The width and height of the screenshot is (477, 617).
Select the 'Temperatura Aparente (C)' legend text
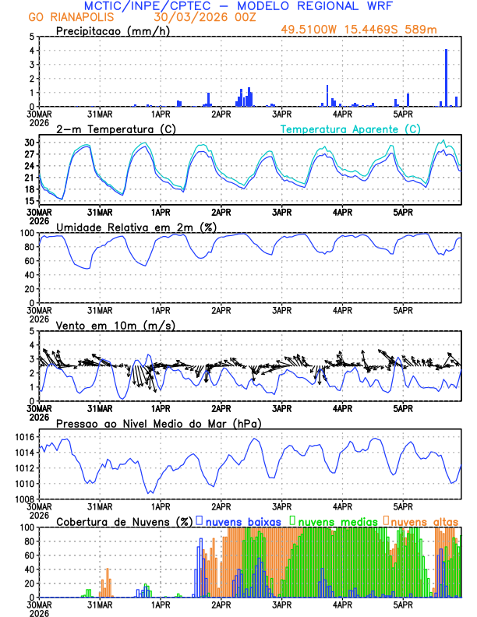(351, 129)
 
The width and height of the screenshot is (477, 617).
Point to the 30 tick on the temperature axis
(30, 143)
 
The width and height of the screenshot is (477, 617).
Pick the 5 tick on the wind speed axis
(31, 331)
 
